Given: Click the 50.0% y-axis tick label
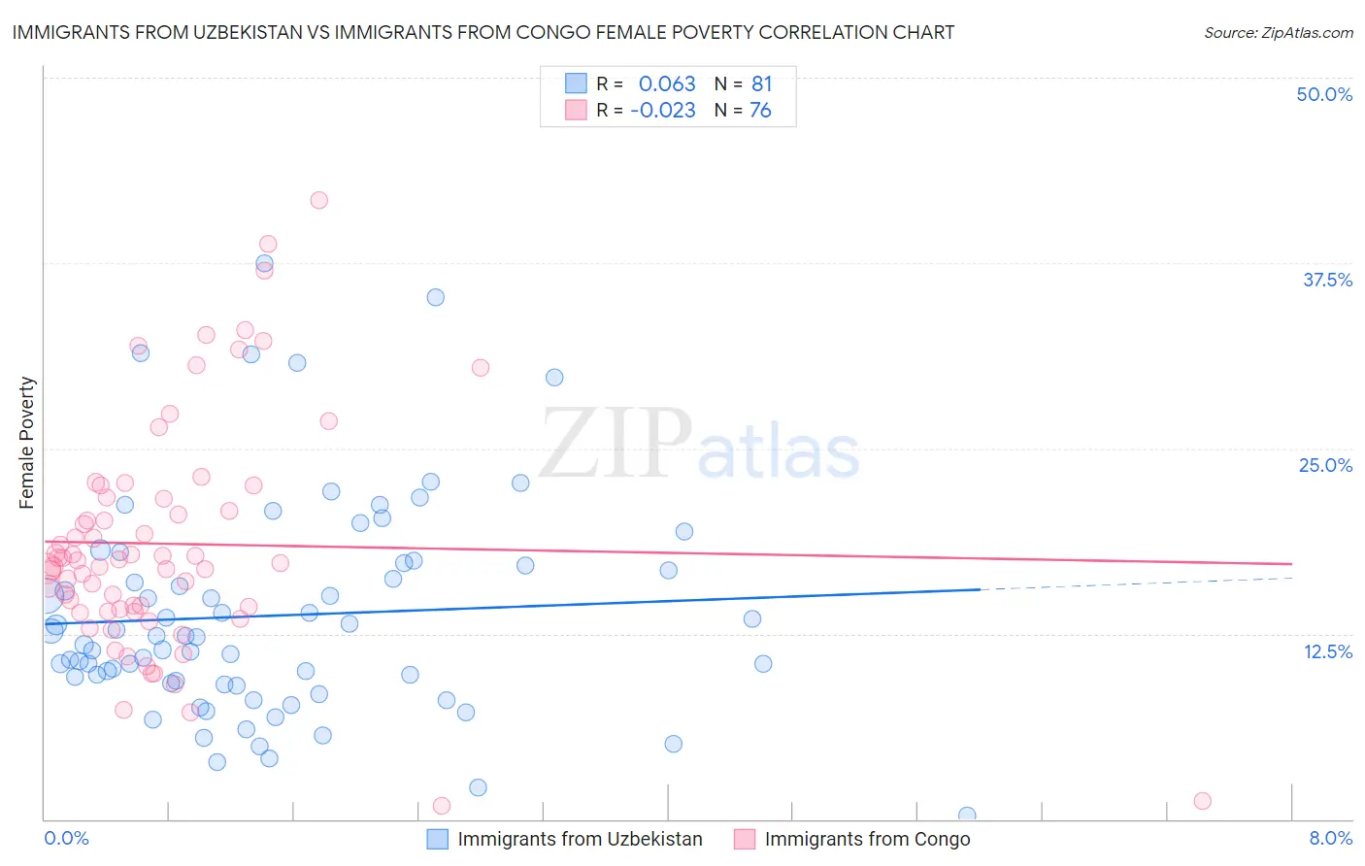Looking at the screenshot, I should click(x=1324, y=94).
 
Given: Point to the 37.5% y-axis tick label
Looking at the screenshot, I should click(x=1327, y=280).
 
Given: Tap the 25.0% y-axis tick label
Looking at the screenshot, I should click(x=1325, y=465).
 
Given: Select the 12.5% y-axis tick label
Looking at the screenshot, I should click(x=1327, y=651).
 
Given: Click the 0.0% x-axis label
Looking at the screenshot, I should click(x=66, y=838).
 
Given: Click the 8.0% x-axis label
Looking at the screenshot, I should click(x=1330, y=838).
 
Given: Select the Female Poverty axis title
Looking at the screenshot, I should click(x=26, y=443).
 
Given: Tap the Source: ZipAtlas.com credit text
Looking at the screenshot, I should click(x=1278, y=32).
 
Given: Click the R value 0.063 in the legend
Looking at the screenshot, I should click(x=667, y=83).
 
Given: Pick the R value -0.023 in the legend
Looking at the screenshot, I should click(x=662, y=110).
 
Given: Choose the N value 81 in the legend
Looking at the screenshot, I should click(x=761, y=83).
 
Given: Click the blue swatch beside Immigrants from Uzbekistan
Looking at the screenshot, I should click(x=438, y=839).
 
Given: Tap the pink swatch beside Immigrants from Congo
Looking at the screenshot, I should click(x=745, y=839).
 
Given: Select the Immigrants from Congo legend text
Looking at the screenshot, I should click(x=867, y=839).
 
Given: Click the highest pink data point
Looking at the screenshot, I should click(x=318, y=200).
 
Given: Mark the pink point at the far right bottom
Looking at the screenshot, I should click(x=1202, y=801).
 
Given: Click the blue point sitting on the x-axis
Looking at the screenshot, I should click(x=967, y=816).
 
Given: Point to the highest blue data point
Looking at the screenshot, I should click(x=264, y=263).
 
